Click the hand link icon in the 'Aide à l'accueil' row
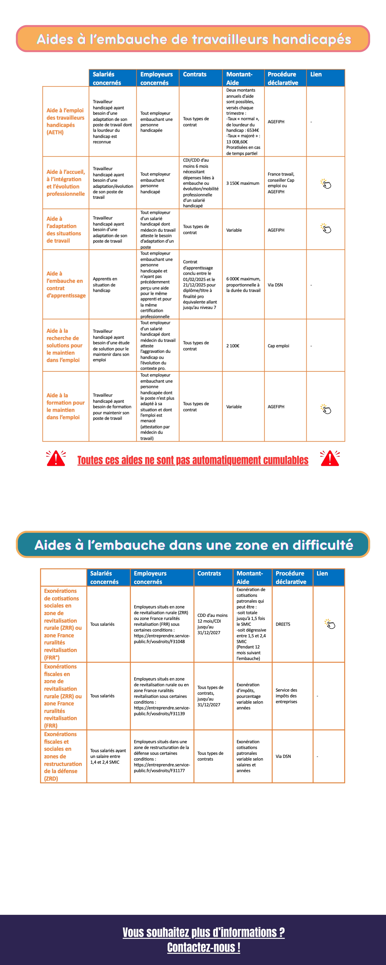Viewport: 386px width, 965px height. (326, 184)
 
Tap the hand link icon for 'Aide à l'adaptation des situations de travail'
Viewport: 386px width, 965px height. (326, 228)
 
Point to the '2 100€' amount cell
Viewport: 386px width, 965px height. (233, 346)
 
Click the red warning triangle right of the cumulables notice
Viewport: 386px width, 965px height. (330, 459)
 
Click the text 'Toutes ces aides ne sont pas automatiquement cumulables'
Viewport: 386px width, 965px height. (193, 460)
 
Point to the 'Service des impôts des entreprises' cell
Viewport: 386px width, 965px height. (286, 696)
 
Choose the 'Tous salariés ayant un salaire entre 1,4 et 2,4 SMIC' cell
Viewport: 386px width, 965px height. (108, 756)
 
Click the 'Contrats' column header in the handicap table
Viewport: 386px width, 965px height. (195, 74)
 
